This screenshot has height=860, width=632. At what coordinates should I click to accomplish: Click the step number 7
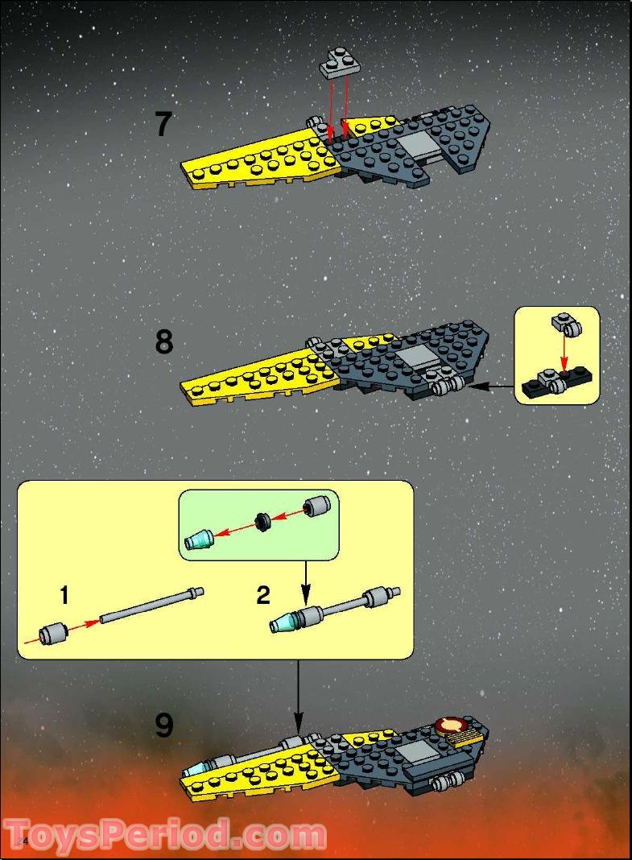163,125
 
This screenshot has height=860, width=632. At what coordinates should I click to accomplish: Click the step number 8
163,342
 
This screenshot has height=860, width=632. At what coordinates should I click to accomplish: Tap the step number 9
163,726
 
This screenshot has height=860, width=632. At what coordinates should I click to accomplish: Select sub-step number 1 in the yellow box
64,596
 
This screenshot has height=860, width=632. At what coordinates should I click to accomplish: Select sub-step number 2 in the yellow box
263,596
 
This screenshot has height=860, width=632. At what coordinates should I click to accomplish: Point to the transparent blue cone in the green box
198,540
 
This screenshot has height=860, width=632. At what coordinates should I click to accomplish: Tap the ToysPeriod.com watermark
165,835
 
